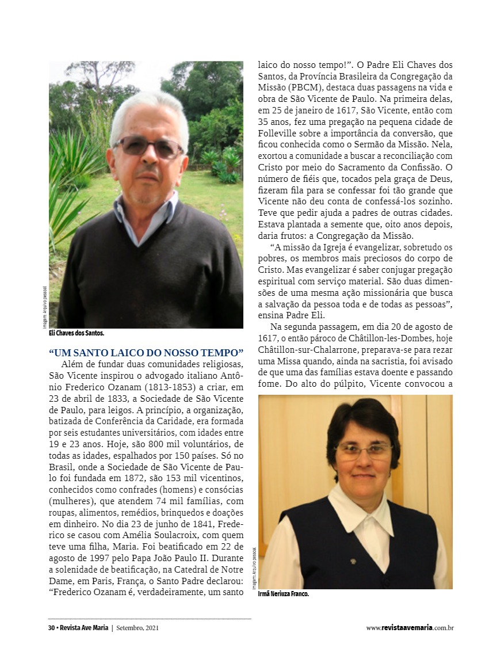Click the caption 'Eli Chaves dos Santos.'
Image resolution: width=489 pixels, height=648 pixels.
[x=77, y=333]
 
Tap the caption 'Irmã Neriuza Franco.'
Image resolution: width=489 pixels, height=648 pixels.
[x=284, y=594]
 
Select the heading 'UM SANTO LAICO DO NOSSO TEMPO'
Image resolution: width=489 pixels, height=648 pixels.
[x=146, y=353]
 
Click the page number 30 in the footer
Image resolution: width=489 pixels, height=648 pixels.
[x=51, y=628]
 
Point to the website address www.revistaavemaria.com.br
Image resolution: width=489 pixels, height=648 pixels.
[x=410, y=628]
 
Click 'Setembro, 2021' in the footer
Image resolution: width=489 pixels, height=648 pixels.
[x=137, y=628]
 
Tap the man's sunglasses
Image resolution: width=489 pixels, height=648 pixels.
[x=148, y=146]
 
